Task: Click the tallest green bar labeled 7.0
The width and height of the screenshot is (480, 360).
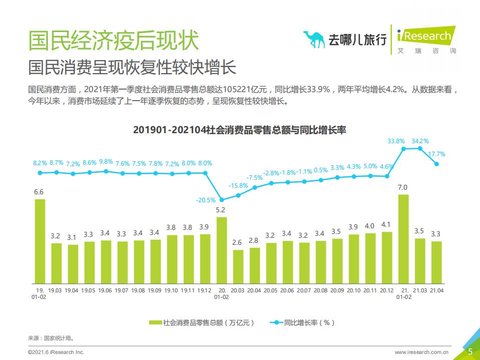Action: coord(403,238)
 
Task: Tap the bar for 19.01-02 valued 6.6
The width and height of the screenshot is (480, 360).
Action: coord(40,241)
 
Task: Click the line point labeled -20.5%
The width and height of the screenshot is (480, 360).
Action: coord(221,199)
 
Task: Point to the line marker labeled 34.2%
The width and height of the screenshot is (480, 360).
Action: coord(420,148)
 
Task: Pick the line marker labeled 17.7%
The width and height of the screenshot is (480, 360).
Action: coord(436,164)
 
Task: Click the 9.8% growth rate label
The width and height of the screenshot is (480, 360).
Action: coord(106,162)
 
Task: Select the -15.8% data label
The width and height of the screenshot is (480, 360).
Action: coord(238,185)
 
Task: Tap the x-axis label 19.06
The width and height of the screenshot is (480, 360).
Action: coord(105,290)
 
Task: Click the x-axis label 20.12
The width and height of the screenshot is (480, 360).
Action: coord(386,290)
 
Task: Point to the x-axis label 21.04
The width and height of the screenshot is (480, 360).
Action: coord(436,290)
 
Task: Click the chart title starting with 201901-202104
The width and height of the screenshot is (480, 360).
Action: coord(240,130)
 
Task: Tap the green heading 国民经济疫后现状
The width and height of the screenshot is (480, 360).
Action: coord(114,40)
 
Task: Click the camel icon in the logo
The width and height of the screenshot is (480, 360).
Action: coord(314,39)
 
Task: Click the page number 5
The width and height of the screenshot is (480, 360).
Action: coord(470,351)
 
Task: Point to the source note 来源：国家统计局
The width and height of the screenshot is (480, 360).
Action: coord(51,338)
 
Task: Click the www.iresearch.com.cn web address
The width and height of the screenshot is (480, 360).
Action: coord(424,352)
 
